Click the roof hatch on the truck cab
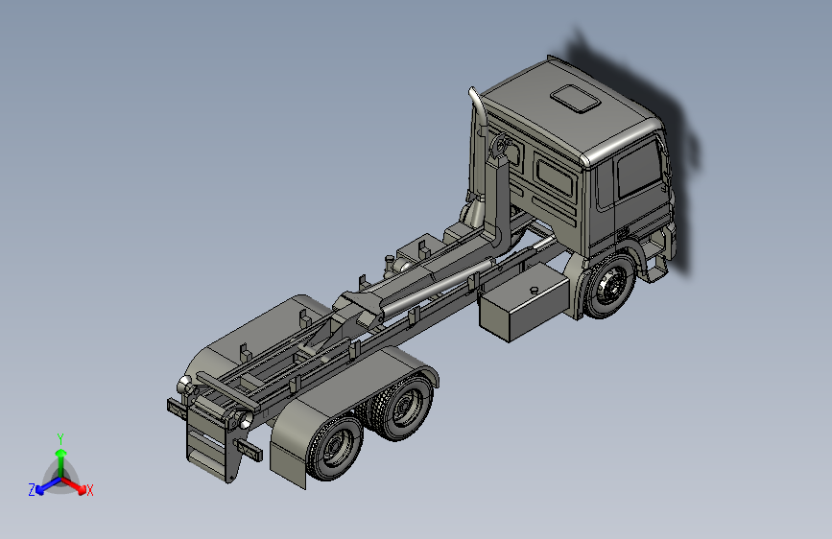pos(575,99)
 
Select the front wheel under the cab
pos(609,287)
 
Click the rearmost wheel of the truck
pos(334,448)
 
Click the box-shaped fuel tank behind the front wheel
pos(523,303)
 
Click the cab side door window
pos(639,169)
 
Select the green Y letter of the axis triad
pos(60,439)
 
